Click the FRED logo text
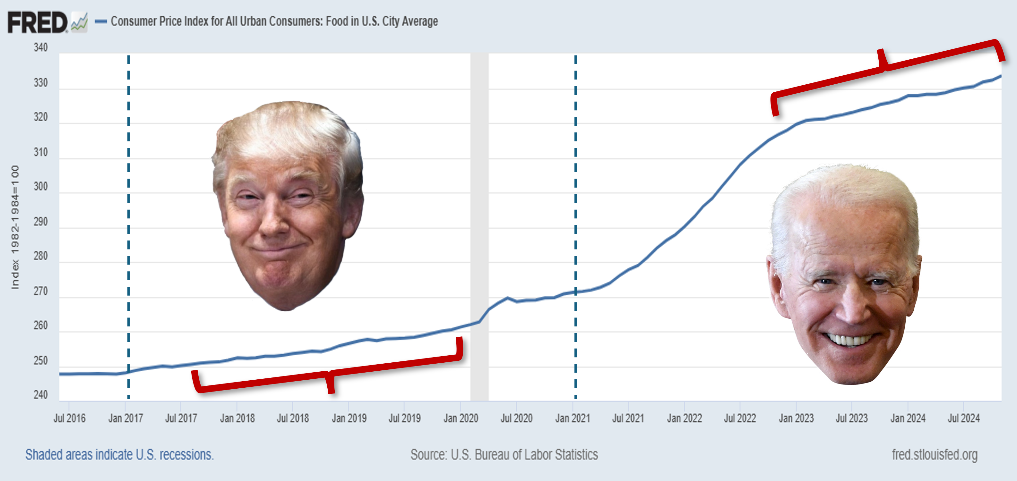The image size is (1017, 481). [38, 22]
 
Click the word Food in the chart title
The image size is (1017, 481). [337, 21]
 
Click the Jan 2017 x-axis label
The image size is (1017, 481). [125, 418]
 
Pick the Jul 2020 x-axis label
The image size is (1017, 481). [516, 418]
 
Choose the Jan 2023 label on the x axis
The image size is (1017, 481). [796, 418]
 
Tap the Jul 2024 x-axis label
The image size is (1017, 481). [964, 418]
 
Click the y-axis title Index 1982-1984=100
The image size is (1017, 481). [15, 227]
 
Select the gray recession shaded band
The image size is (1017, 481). [479, 197]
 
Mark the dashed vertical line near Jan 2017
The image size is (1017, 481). [128, 197]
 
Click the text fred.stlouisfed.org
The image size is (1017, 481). [935, 455]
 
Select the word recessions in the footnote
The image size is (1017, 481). [186, 455]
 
